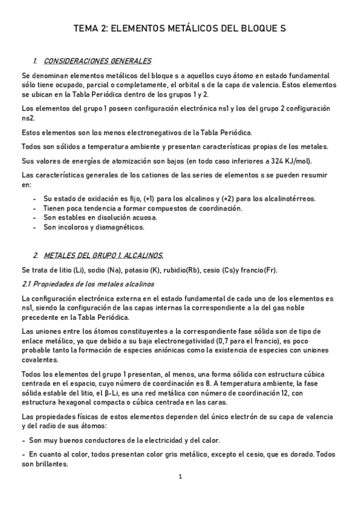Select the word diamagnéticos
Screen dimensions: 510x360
point(115,227)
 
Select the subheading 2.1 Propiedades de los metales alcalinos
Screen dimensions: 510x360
point(88,283)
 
